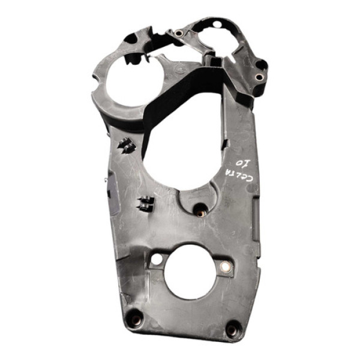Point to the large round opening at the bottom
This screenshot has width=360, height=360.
tap(190, 272)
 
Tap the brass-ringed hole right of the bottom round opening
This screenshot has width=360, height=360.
tap(224, 266)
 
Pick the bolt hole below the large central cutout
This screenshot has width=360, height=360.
tap(200, 210)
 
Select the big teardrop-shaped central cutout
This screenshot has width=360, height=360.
tap(183, 138)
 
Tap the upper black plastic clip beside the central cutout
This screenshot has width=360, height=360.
tap(127, 146)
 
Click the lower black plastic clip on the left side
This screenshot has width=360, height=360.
tap(144, 205)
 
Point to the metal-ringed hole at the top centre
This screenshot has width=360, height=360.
tap(179, 32)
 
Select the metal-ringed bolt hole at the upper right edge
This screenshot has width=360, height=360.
tap(259, 77)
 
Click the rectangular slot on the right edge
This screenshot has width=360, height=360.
tap(256, 210)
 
